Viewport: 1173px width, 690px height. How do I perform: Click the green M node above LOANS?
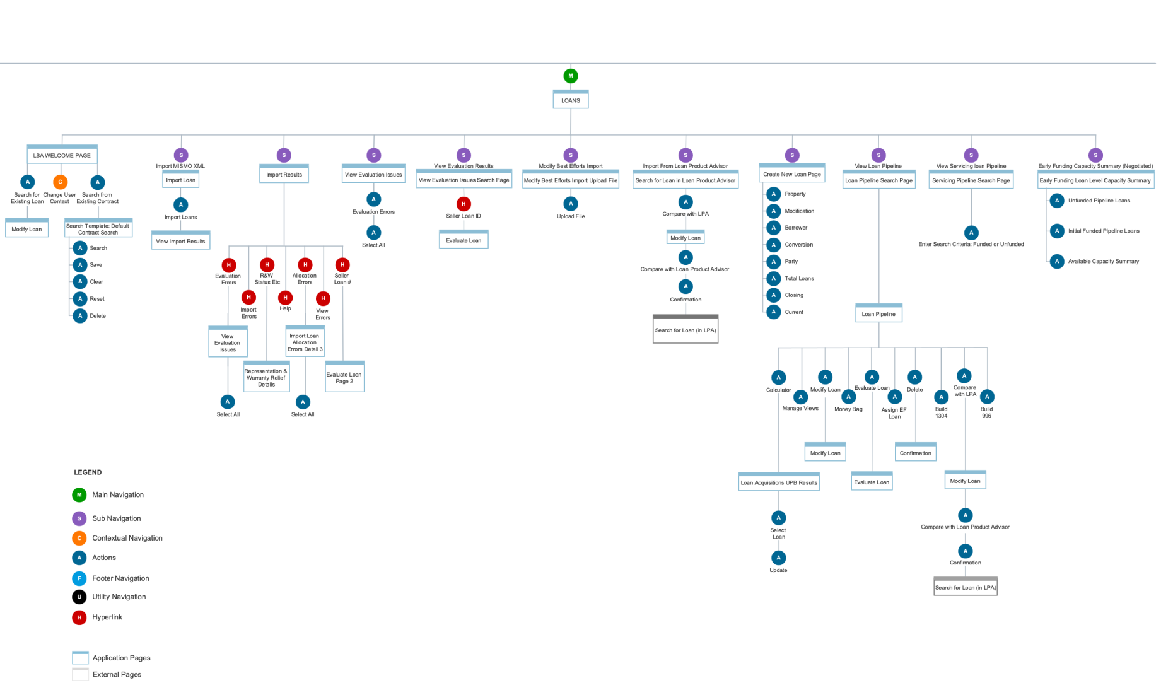click(x=571, y=76)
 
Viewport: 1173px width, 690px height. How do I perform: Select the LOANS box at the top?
click(x=571, y=100)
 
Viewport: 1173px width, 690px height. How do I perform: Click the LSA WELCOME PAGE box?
click(x=62, y=155)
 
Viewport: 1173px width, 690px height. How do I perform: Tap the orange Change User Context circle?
click(x=60, y=182)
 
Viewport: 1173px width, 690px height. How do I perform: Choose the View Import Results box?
click(x=180, y=241)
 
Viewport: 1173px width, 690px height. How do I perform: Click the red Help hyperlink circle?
click(x=285, y=297)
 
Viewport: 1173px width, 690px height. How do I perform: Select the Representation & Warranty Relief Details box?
click(x=266, y=377)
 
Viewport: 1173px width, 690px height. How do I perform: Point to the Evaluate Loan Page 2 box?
click(x=344, y=377)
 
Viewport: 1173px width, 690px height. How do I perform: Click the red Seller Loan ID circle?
click(x=464, y=204)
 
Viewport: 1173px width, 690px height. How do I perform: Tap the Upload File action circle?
click(x=571, y=204)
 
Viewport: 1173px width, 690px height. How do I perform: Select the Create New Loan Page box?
click(x=792, y=174)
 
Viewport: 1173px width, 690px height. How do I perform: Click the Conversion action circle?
click(x=774, y=245)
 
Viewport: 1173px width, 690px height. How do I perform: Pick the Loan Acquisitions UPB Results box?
click(x=779, y=482)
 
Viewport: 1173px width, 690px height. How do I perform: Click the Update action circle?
click(x=778, y=558)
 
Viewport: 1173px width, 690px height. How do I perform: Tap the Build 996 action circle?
click(x=987, y=397)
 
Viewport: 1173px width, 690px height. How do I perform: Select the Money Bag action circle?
click(x=848, y=397)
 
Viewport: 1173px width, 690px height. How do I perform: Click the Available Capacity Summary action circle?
click(x=1058, y=261)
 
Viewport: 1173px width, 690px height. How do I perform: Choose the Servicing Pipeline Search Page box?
click(x=971, y=180)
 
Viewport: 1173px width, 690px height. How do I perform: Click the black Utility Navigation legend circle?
click(x=79, y=597)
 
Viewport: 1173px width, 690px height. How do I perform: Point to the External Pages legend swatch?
click(x=80, y=674)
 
